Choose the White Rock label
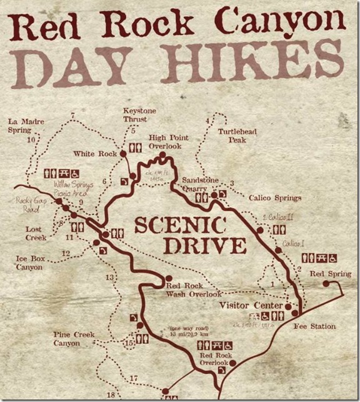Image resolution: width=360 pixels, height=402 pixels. tap(96, 153)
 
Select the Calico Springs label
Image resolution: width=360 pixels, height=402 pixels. tap(275, 198)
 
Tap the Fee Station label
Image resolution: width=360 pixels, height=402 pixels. tap(314, 326)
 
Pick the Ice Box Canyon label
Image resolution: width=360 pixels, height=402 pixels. tap(29, 263)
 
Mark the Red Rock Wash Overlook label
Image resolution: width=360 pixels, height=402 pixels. tap(194, 289)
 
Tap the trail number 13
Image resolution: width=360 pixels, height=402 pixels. tap(110, 277)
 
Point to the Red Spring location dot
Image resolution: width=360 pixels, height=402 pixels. tap(326, 283)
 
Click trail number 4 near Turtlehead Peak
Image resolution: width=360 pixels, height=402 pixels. tap(207, 121)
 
